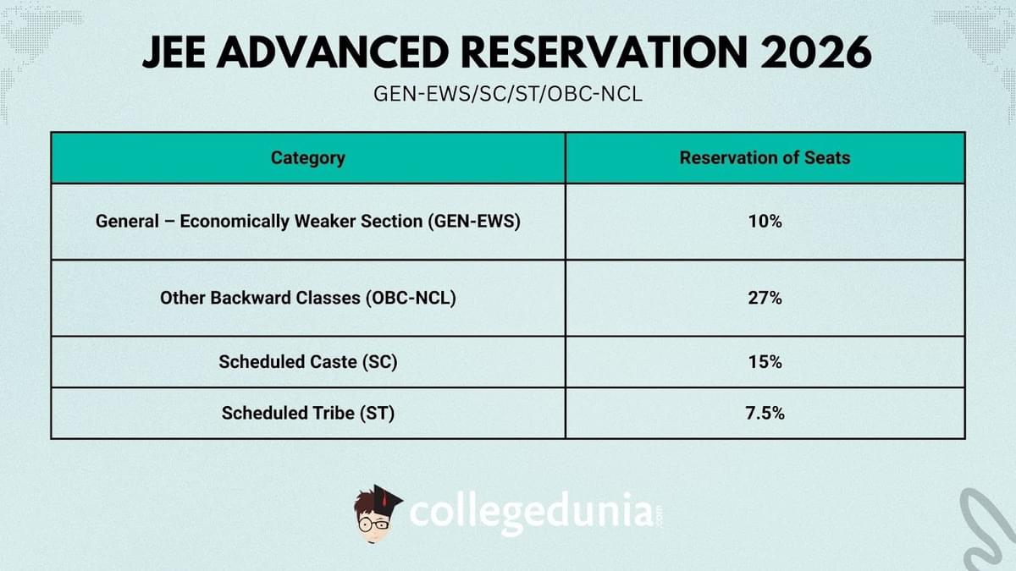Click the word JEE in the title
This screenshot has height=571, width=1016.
(x=174, y=52)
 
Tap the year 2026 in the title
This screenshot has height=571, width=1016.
(x=816, y=52)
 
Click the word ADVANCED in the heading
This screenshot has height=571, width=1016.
(x=334, y=52)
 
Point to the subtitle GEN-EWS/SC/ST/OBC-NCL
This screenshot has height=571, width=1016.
(x=508, y=94)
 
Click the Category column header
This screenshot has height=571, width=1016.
(x=308, y=158)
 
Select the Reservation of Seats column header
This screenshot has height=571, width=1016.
(x=765, y=157)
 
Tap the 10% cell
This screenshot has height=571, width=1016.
(x=765, y=221)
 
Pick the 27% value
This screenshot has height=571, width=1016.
(x=765, y=298)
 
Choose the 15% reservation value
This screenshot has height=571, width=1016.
(x=765, y=362)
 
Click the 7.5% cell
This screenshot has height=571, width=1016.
(x=765, y=413)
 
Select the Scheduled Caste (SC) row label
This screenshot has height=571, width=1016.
(x=308, y=362)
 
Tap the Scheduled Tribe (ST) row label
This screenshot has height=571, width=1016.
(x=308, y=413)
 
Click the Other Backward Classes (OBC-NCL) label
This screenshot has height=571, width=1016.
(x=308, y=298)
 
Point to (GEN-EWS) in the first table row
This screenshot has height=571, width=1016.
(x=474, y=221)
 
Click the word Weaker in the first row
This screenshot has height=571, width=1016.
(x=325, y=221)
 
